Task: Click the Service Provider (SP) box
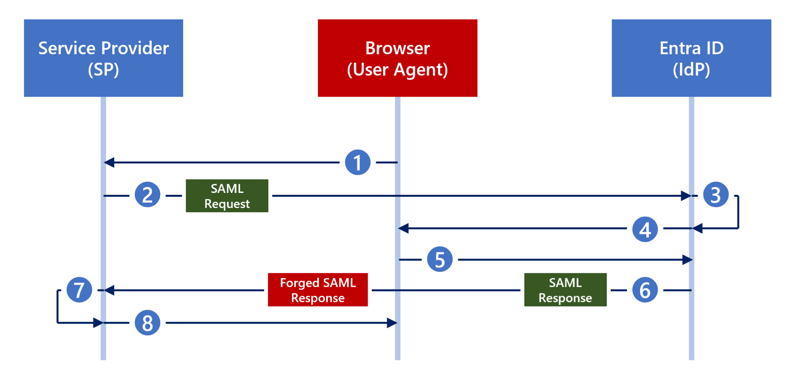pyautogui.click(x=103, y=58)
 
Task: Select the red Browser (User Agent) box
pyautogui.click(x=397, y=58)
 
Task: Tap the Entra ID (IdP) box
pyautogui.click(x=691, y=58)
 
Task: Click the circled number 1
pyautogui.click(x=358, y=162)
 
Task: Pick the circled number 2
pyautogui.click(x=148, y=194)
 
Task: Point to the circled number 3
pyautogui.click(x=715, y=194)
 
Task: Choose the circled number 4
pyautogui.click(x=645, y=229)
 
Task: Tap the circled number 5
pyautogui.click(x=439, y=259)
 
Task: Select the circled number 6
pyautogui.click(x=645, y=290)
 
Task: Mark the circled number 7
pyautogui.click(x=79, y=290)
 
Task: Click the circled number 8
pyautogui.click(x=148, y=323)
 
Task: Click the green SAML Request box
pyautogui.click(x=227, y=196)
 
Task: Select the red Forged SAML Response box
pyautogui.click(x=318, y=290)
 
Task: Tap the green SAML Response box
pyautogui.click(x=565, y=290)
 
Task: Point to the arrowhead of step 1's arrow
pyautogui.click(x=109, y=162)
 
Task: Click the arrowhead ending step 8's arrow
pyautogui.click(x=392, y=323)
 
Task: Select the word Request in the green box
pyautogui.click(x=227, y=204)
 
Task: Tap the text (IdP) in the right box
pyautogui.click(x=691, y=69)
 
